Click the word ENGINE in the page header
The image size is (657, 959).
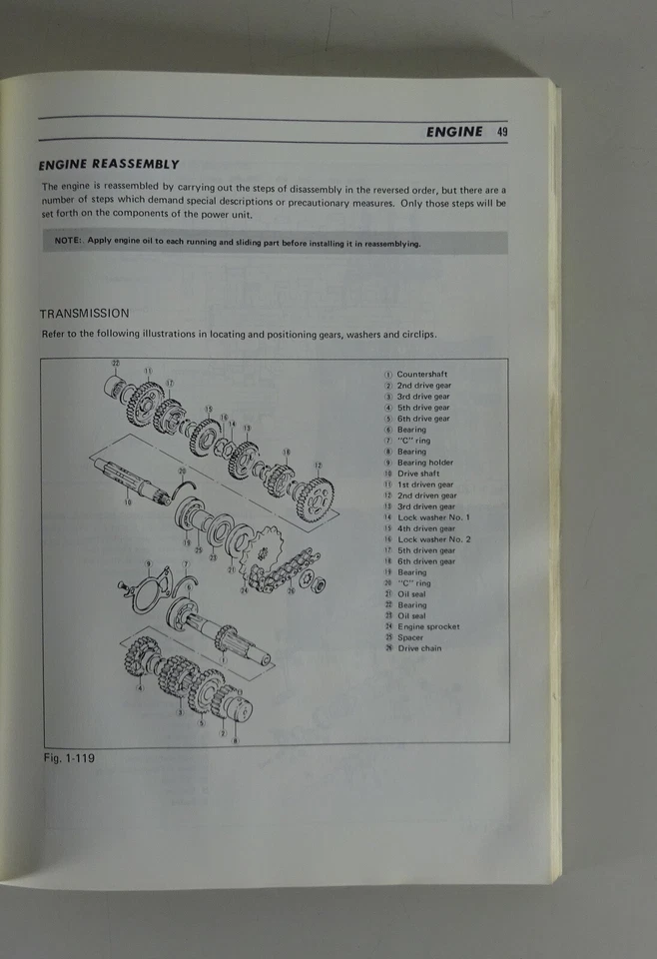coord(453,131)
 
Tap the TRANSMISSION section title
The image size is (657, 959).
coord(84,313)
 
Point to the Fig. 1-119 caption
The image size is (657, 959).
coord(69,758)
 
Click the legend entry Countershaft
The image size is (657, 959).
coord(421,375)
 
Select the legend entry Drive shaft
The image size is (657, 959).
coord(417,474)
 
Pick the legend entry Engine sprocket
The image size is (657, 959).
coord(428,626)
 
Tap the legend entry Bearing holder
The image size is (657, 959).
coord(424,463)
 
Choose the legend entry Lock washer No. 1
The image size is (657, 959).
coord(433,517)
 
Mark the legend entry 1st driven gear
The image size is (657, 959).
coord(424,484)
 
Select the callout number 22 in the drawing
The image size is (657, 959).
coord(115,362)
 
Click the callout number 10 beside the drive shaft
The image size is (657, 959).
coord(127,501)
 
